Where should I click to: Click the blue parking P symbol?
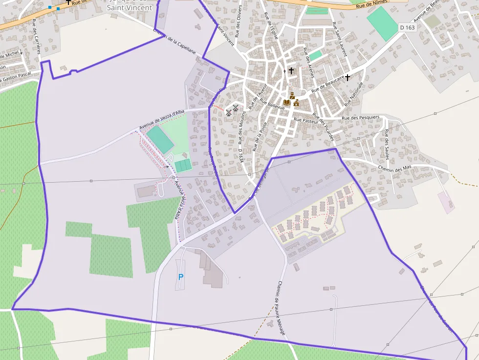click(181, 277)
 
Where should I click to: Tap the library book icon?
click(286, 103)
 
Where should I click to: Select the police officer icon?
click(292, 95)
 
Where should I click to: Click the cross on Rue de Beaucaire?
click(348, 77)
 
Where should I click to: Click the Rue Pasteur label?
click(306, 120)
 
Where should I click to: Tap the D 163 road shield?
click(407, 27)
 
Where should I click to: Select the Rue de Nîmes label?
click(371, 4)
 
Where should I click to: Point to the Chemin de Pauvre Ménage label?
click(281, 308)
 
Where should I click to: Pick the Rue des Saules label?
click(386, 141)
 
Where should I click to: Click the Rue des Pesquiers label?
click(360, 118)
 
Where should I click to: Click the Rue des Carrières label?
click(36, 37)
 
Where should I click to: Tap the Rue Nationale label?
click(354, 94)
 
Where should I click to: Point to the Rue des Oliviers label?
click(238, 21)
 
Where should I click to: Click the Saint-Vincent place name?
click(130, 8)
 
